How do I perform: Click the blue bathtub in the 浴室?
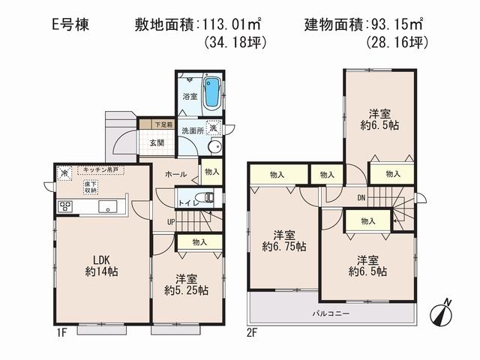213,92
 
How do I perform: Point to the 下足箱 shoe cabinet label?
163,124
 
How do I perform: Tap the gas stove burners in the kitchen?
64,205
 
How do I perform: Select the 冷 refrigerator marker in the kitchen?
64,171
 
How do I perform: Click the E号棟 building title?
73,23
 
